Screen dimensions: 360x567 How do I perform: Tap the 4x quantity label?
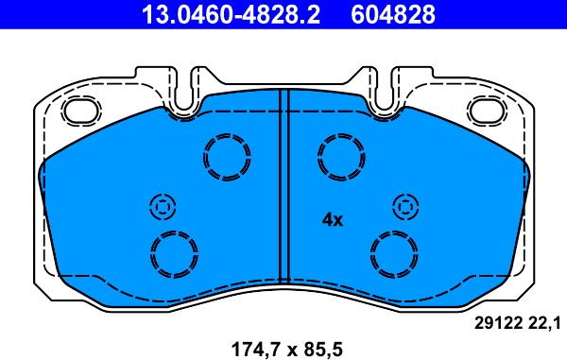click(x=332, y=219)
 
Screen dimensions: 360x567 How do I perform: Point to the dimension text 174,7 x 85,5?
click(x=281, y=348)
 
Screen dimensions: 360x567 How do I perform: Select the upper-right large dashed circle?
click(x=339, y=153)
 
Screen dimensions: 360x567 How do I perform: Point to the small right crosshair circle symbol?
click(x=404, y=206)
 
